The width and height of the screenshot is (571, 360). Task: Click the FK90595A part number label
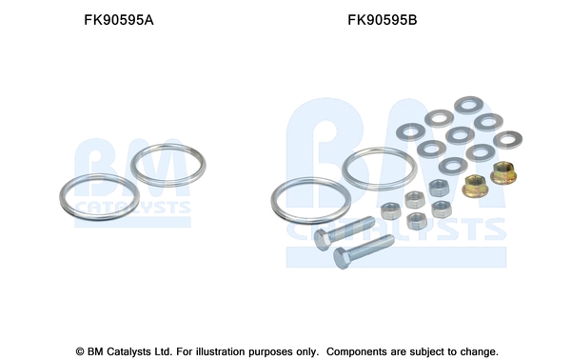coord(119,20)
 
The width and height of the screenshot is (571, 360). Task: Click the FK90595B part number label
coord(383,20)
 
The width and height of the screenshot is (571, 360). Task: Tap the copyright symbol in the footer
coord(80,351)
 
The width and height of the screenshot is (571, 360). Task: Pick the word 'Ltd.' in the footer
coord(164,351)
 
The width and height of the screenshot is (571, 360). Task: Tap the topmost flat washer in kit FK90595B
coord(468,105)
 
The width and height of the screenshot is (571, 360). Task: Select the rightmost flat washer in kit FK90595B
coord(507,140)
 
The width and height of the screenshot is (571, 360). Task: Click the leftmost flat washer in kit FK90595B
coord(410,131)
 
